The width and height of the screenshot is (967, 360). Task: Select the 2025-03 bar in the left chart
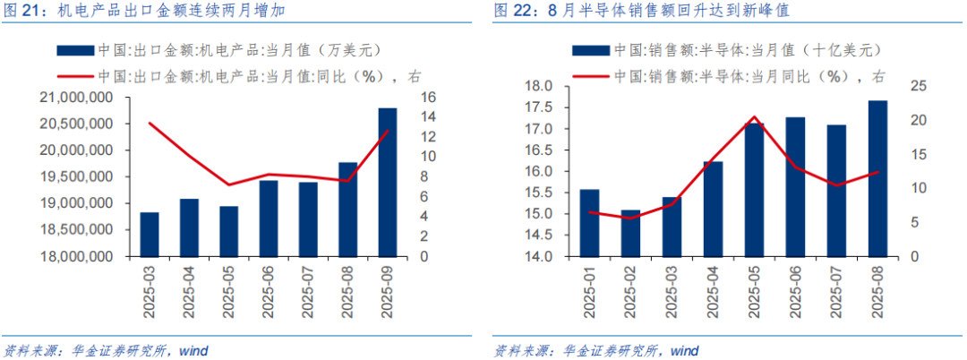150,234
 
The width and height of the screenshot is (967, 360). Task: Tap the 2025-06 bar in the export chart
269,219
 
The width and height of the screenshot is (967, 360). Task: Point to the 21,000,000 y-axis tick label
77,97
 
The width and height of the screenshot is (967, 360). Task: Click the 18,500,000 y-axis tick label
77,230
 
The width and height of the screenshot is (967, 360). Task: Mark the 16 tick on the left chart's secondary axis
428,97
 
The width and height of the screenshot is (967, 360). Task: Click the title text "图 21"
24,13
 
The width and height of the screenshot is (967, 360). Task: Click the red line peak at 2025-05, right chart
754,117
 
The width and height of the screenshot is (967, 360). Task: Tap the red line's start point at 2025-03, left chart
150,123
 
